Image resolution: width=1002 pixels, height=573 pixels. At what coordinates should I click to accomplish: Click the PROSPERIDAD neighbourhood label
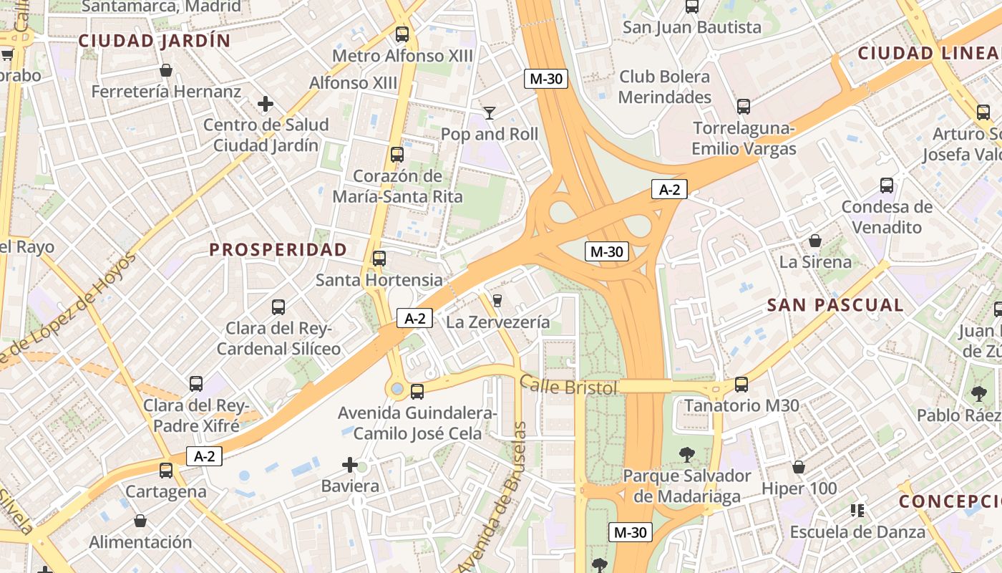click(278, 249)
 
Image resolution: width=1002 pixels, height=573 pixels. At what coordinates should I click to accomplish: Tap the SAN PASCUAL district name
click(835, 305)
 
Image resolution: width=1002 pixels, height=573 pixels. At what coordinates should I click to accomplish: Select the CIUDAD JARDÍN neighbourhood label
click(155, 41)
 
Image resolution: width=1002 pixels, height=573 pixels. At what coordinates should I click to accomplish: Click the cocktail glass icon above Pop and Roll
click(490, 112)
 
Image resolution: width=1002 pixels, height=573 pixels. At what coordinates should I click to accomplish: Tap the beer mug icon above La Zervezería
click(497, 300)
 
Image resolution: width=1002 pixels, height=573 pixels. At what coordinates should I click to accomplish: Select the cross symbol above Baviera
click(350, 466)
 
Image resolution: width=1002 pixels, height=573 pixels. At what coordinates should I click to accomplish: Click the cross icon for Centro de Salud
click(266, 104)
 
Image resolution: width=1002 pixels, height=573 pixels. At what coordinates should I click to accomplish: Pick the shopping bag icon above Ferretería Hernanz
click(166, 70)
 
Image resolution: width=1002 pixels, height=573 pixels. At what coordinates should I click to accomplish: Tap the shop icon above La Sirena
click(815, 241)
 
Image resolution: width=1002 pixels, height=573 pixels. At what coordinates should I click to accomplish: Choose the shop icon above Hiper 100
click(799, 468)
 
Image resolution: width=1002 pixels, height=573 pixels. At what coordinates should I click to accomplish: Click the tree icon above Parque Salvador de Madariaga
click(686, 454)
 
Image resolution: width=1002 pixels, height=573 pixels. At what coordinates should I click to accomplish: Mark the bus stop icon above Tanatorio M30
click(741, 385)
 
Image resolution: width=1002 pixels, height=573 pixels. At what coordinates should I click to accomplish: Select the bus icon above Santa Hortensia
click(379, 259)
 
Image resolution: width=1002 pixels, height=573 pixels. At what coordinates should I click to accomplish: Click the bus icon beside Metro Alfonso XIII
click(402, 34)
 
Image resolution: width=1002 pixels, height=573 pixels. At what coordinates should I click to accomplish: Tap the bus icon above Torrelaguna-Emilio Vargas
click(744, 107)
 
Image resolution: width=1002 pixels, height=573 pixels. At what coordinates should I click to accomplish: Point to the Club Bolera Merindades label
click(664, 87)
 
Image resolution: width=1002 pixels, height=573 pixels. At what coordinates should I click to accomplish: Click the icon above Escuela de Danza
click(857, 511)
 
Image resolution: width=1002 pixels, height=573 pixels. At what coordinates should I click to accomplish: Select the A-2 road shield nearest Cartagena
click(204, 456)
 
